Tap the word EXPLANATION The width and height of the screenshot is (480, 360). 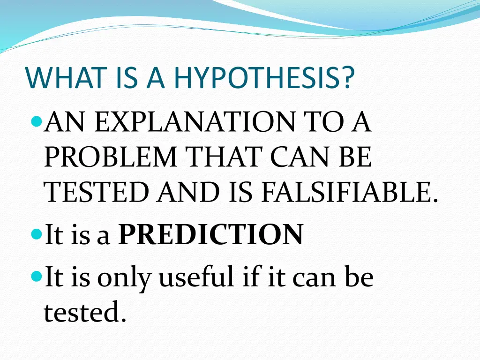coord(195,123)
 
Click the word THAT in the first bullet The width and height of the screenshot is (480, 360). coord(225,158)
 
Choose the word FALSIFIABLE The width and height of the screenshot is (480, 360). coord(349,193)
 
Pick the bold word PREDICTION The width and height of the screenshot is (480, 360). coord(210,234)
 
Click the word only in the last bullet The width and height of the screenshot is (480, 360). coord(124,277)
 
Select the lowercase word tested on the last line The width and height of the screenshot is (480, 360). coord(85,312)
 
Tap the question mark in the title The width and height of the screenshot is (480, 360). coord(347,78)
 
